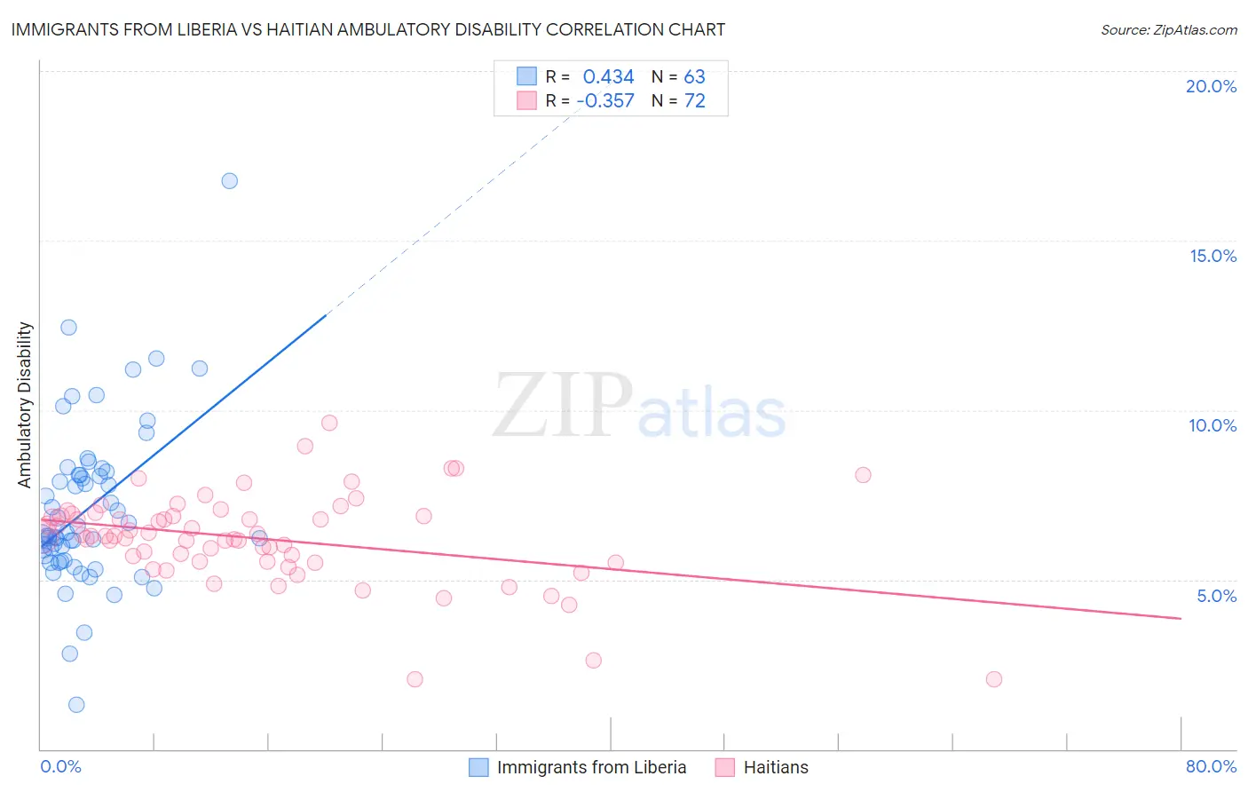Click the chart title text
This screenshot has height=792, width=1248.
coord(368,29)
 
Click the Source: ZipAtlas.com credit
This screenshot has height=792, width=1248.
coord(1168,29)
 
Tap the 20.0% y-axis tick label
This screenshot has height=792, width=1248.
coord(1211,86)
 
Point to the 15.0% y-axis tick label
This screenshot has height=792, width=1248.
coord(1212,256)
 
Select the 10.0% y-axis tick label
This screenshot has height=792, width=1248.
coord(1212,425)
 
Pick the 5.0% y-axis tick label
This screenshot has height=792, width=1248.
coord(1216,596)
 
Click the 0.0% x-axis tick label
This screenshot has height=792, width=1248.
coord(60,766)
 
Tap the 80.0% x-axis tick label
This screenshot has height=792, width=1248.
coord(1211,766)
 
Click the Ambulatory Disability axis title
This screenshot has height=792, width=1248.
coord(25,404)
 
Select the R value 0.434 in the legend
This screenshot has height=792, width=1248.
coord(608,77)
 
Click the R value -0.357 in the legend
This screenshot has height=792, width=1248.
coord(605,101)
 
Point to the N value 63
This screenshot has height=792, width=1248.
coord(694,77)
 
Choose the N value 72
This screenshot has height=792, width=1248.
coord(694,101)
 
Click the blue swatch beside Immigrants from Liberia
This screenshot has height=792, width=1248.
coord(478,767)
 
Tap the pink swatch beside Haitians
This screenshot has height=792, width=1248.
coord(725,767)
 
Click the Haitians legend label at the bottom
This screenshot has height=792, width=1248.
coord(776,767)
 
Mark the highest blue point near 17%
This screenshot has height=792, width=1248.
coord(229,181)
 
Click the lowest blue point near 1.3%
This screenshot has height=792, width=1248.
coord(76,705)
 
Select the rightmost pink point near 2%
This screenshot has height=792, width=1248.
coord(994,679)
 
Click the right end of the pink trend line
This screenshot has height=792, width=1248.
coord(1181,618)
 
